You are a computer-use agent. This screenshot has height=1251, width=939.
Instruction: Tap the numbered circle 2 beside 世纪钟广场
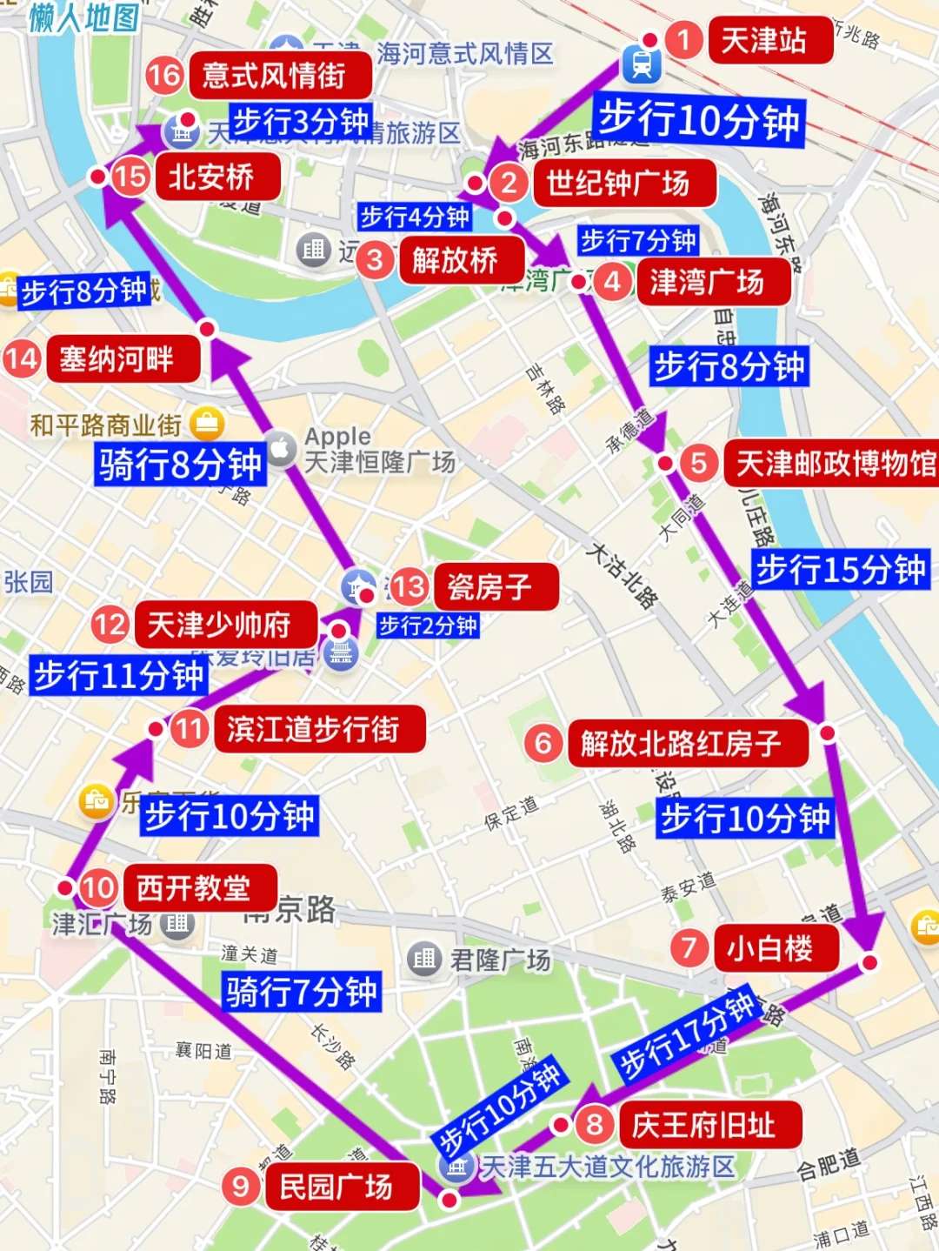(509, 183)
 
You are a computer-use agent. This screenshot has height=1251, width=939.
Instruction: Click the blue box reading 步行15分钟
(841, 570)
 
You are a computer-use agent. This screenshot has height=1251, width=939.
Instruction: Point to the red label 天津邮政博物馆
(831, 464)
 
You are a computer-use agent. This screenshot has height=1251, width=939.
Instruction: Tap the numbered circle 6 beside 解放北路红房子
(543, 743)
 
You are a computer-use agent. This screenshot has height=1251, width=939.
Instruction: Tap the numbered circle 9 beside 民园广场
(241, 1187)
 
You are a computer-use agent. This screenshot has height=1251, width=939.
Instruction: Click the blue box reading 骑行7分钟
(302, 992)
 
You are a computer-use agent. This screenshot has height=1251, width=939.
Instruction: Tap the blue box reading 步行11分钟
(118, 675)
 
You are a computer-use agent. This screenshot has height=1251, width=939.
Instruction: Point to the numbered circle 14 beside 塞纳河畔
(22, 358)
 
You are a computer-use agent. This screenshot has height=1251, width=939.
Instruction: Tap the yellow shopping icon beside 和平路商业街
(207, 424)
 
